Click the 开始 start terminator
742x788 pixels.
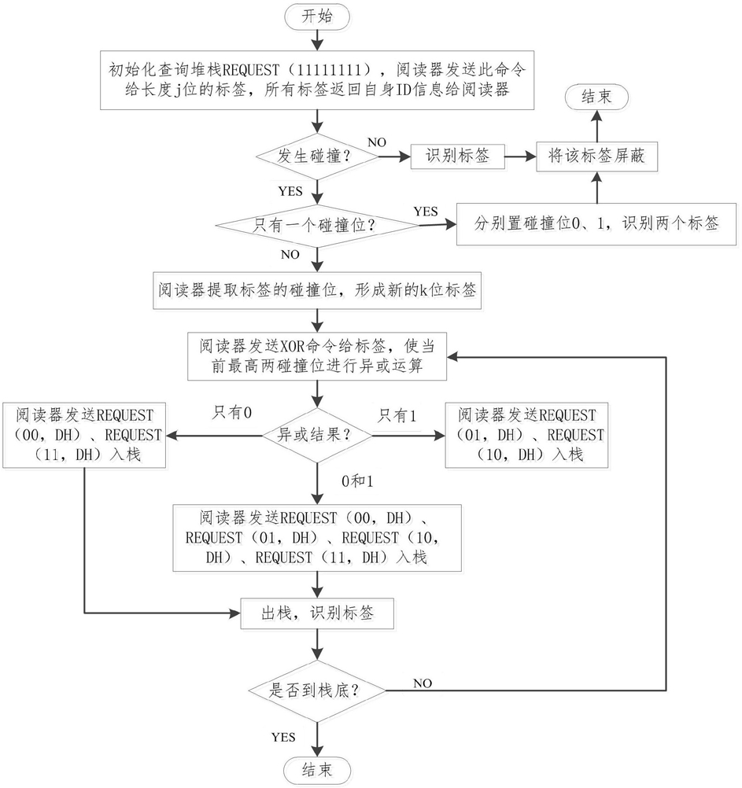pos(317,16)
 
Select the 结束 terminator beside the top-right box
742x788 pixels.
pos(596,97)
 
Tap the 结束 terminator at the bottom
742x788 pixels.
pos(317,770)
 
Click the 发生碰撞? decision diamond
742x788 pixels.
pos(317,156)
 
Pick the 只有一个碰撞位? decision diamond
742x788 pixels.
pos(317,225)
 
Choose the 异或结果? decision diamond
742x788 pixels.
pos(317,435)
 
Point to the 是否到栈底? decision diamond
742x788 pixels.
pos(317,690)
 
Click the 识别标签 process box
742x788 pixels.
pos(458,156)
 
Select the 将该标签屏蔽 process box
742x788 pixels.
pos(596,156)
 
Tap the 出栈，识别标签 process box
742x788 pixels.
pos(317,613)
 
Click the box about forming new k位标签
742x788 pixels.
pos(317,290)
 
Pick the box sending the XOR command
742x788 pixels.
pos(317,355)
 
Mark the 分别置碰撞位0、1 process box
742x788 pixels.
pos(596,224)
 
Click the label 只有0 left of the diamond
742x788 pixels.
pos(232,413)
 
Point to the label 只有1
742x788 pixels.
pos(397,415)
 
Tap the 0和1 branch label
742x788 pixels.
pos(357,481)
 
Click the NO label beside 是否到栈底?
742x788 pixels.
pos(423,683)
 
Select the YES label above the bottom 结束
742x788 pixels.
pos(283,737)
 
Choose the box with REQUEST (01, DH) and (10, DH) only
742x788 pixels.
pos(526,435)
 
